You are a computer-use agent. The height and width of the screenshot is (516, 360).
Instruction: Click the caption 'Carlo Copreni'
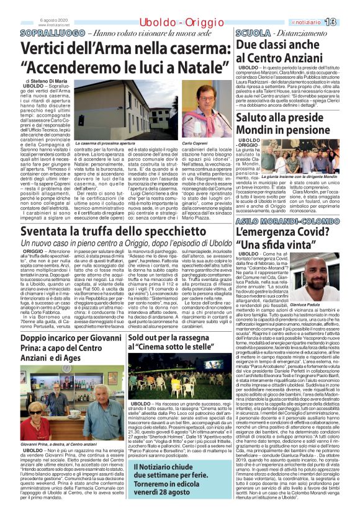click(194, 143)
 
